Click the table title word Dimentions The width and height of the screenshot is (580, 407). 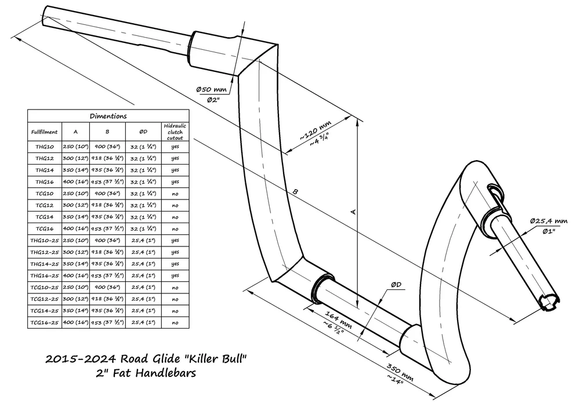(x=108, y=116)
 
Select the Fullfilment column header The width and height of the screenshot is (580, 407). (x=44, y=131)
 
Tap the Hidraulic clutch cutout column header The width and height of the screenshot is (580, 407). (x=174, y=131)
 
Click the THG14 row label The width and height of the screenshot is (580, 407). (x=44, y=170)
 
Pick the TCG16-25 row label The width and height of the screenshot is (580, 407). (x=44, y=322)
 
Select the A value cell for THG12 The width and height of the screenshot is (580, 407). (x=75, y=158)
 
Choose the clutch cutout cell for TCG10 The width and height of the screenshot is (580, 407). (x=174, y=194)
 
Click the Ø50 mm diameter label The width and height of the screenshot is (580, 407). (x=211, y=90)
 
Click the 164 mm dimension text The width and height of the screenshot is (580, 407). (x=338, y=316)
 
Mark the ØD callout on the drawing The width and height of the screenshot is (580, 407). (x=397, y=284)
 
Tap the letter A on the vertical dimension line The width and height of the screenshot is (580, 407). (x=352, y=213)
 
